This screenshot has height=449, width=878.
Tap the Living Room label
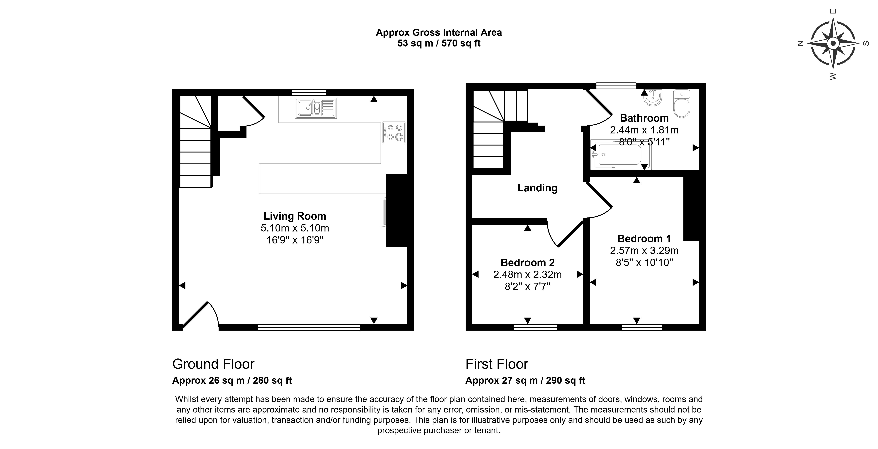(x=295, y=216)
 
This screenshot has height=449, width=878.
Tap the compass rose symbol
(x=833, y=43)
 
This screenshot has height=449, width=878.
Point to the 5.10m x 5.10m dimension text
(x=295, y=228)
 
